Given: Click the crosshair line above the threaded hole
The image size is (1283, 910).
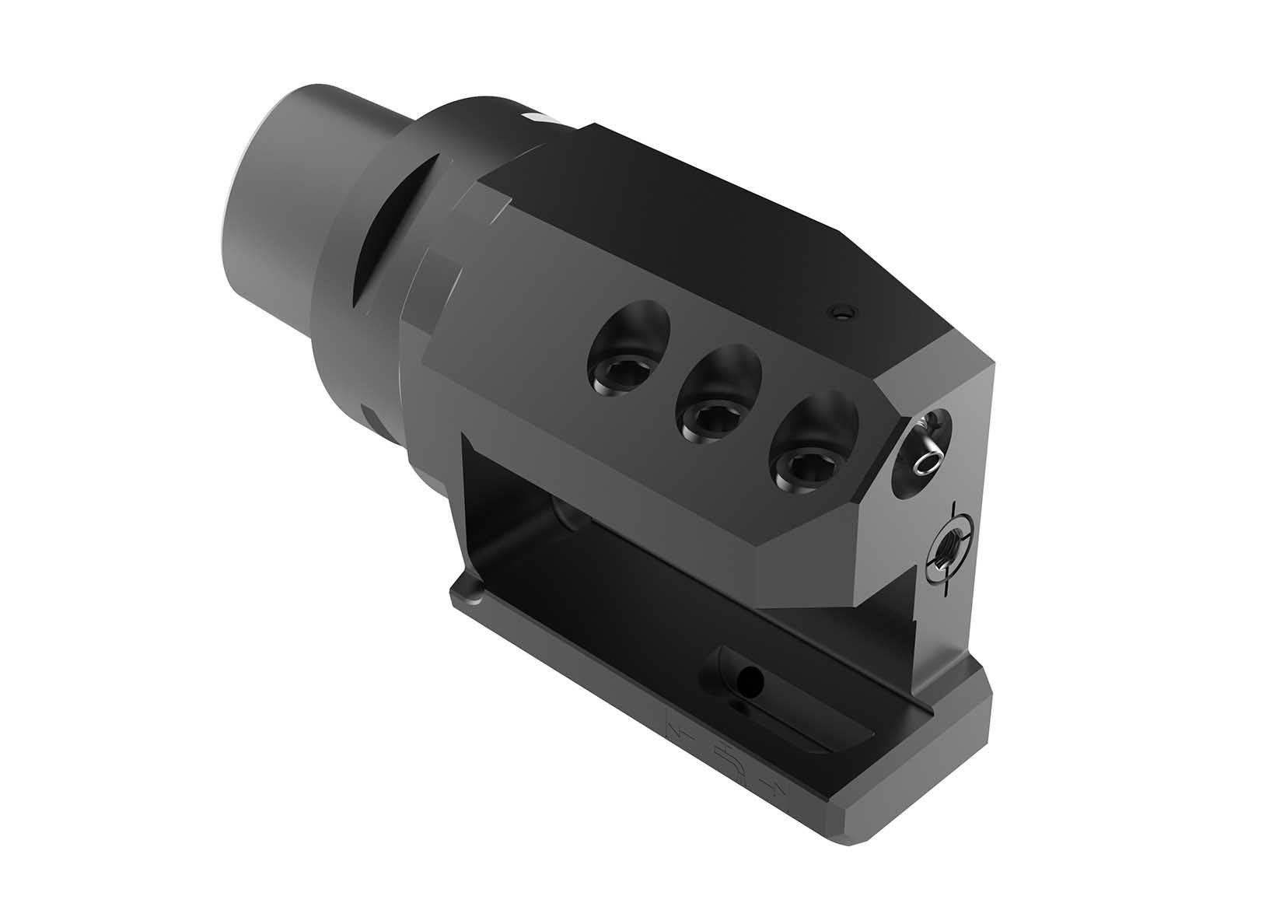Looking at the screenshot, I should click(x=953, y=513).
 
